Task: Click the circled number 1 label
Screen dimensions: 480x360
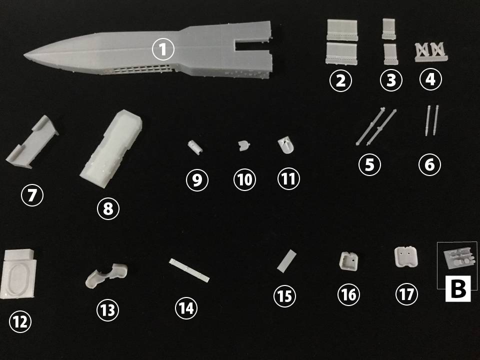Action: coord(163,49)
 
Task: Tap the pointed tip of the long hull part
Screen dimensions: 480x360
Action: coord(24,55)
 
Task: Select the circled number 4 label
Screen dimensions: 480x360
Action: coord(430,79)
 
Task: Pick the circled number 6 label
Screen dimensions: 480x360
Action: coord(429,164)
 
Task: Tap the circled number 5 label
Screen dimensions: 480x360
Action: coord(369,164)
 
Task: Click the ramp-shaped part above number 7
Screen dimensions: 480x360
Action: coord(32,143)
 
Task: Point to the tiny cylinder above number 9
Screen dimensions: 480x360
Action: coord(195,146)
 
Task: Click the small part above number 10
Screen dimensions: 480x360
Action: coord(243,145)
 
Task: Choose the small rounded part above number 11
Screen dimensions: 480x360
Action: coord(286,145)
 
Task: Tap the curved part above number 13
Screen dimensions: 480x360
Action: coord(106,275)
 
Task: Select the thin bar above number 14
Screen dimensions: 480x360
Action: coord(189,270)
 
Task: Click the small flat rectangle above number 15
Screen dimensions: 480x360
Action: coord(287,260)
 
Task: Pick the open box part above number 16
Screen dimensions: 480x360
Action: coord(349,261)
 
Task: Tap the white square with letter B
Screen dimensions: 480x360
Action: coord(457,288)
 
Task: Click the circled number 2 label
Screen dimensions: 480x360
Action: coord(340,80)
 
